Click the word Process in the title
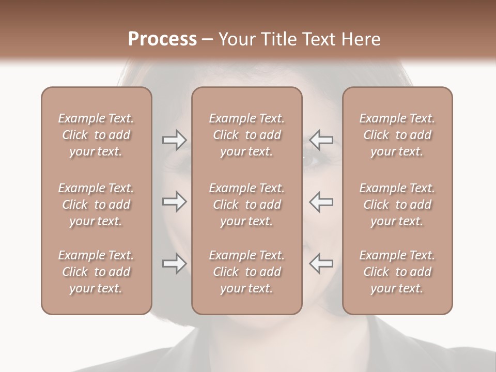(162, 39)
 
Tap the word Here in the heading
(361, 39)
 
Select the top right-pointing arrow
(174, 139)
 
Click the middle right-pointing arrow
(174, 202)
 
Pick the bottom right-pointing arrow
(174, 263)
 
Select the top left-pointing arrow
(321, 139)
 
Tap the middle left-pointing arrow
(321, 202)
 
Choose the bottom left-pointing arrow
(321, 263)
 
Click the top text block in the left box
(96, 135)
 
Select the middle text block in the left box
(96, 205)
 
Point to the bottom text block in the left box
(96, 272)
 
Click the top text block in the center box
(247, 135)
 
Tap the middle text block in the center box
(247, 205)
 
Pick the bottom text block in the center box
(247, 272)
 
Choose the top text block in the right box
(397, 135)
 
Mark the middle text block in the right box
(397, 205)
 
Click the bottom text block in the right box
(397, 272)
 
